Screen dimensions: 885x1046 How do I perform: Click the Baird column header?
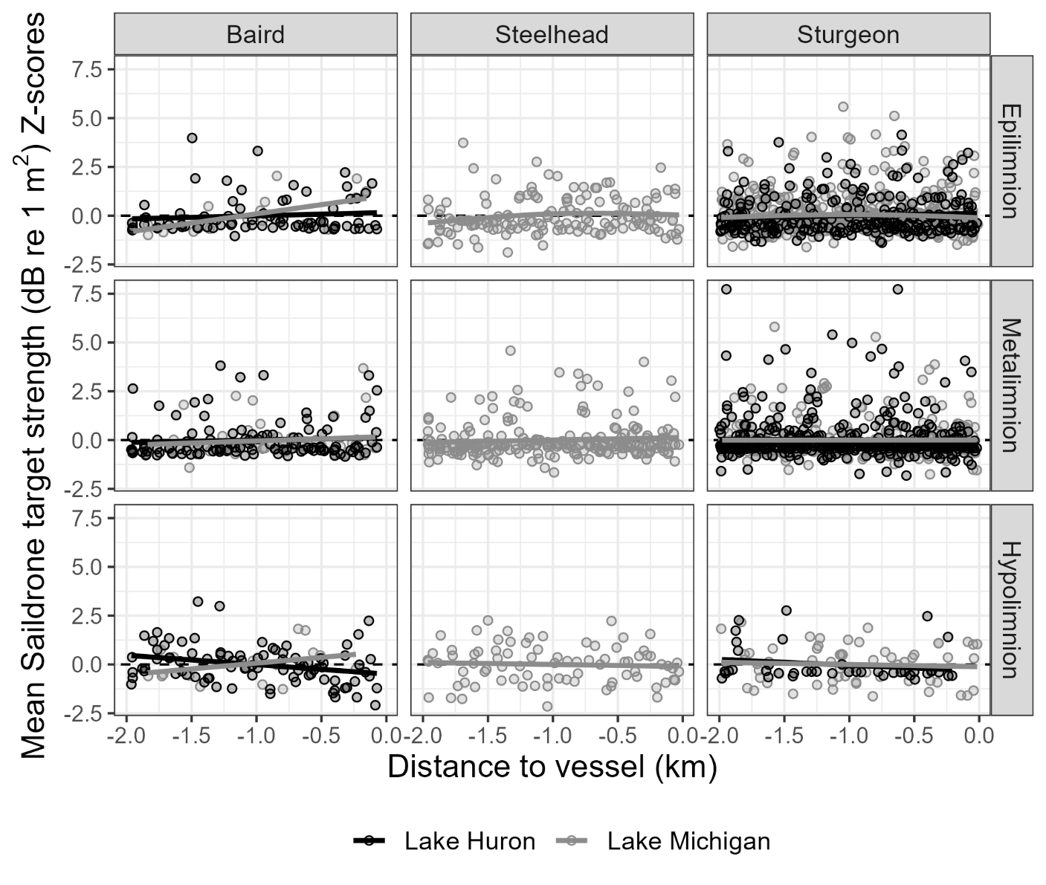pos(255,35)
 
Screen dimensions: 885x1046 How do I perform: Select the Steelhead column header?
pos(552,35)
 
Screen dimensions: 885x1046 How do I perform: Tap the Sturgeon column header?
pos(848,35)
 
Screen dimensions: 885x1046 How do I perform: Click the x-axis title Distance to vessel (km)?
pos(552,767)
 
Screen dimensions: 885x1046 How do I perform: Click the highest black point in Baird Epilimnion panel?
pos(192,137)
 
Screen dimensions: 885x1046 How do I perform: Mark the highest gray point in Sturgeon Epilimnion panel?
pos(843,106)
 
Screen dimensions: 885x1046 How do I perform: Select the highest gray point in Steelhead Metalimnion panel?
pos(510,351)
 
